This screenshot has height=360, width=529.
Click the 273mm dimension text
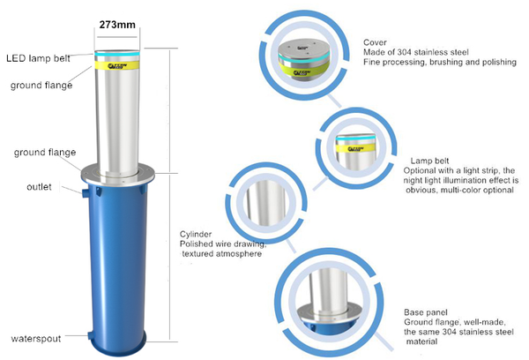coord(117,25)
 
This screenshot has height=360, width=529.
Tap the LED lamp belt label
coord(38,58)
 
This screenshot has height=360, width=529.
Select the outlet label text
coord(39,187)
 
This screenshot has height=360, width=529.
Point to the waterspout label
coord(36,339)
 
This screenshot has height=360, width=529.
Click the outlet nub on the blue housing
coord(85,193)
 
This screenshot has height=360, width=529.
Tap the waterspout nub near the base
coord(92,335)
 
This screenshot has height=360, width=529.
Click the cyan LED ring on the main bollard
coord(117,54)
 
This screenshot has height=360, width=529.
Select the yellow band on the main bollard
coord(117,65)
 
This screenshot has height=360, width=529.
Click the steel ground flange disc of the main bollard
coord(117,175)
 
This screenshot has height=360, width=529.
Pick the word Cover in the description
coord(375,42)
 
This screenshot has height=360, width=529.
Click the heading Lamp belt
coord(429,161)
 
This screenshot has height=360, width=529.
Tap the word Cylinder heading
coord(196,234)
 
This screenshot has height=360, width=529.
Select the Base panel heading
coord(426,312)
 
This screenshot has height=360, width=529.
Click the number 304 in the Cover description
coord(404,52)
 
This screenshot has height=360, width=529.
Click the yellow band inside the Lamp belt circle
coord(355,148)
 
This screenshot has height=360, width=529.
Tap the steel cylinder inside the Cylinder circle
coord(266,203)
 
